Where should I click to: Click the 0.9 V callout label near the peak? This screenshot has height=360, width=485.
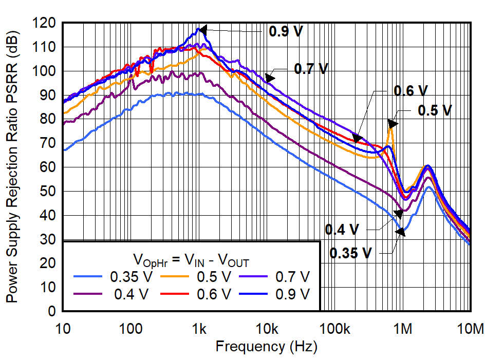point(286,31)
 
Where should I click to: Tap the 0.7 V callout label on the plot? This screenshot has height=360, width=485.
point(311,68)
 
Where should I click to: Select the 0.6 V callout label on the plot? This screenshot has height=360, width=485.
point(411,91)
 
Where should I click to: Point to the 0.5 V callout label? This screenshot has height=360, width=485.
point(435,110)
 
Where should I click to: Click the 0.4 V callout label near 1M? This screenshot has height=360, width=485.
point(342,230)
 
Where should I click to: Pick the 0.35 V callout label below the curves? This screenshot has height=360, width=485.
point(350,253)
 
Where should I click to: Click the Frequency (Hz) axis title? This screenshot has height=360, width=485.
point(266,347)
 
